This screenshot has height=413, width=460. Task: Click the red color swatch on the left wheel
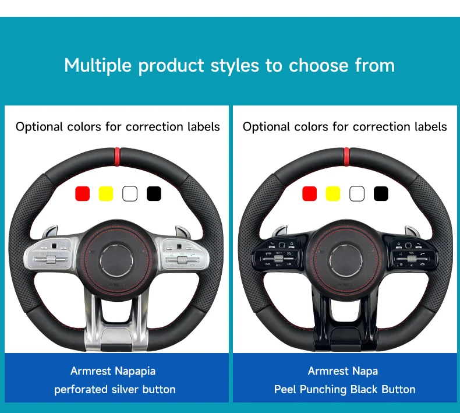click(x=83, y=193)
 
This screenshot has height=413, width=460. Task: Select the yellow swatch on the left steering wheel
click(x=106, y=193)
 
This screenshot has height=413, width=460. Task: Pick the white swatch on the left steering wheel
click(x=130, y=193)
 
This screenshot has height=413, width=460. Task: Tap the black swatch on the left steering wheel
click(x=154, y=193)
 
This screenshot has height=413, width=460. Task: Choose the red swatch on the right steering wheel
click(x=310, y=193)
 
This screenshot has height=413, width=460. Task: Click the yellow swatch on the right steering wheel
click(x=333, y=193)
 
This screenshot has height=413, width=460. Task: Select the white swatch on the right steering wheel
click(x=357, y=193)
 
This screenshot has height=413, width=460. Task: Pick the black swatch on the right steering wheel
click(x=381, y=193)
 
